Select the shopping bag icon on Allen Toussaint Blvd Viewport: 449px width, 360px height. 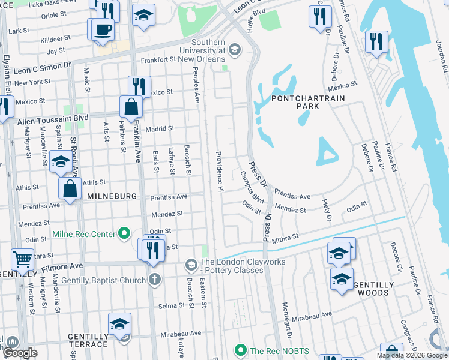point(131,108)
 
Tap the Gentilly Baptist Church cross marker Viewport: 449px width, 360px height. point(154,280)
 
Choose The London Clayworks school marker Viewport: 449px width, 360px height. point(191,265)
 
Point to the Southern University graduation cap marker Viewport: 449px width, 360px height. point(234,50)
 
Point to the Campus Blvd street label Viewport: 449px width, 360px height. point(252,186)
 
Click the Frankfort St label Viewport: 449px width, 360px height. point(161,60)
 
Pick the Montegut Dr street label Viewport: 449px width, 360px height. point(286,321)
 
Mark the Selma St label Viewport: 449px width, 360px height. point(171,306)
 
